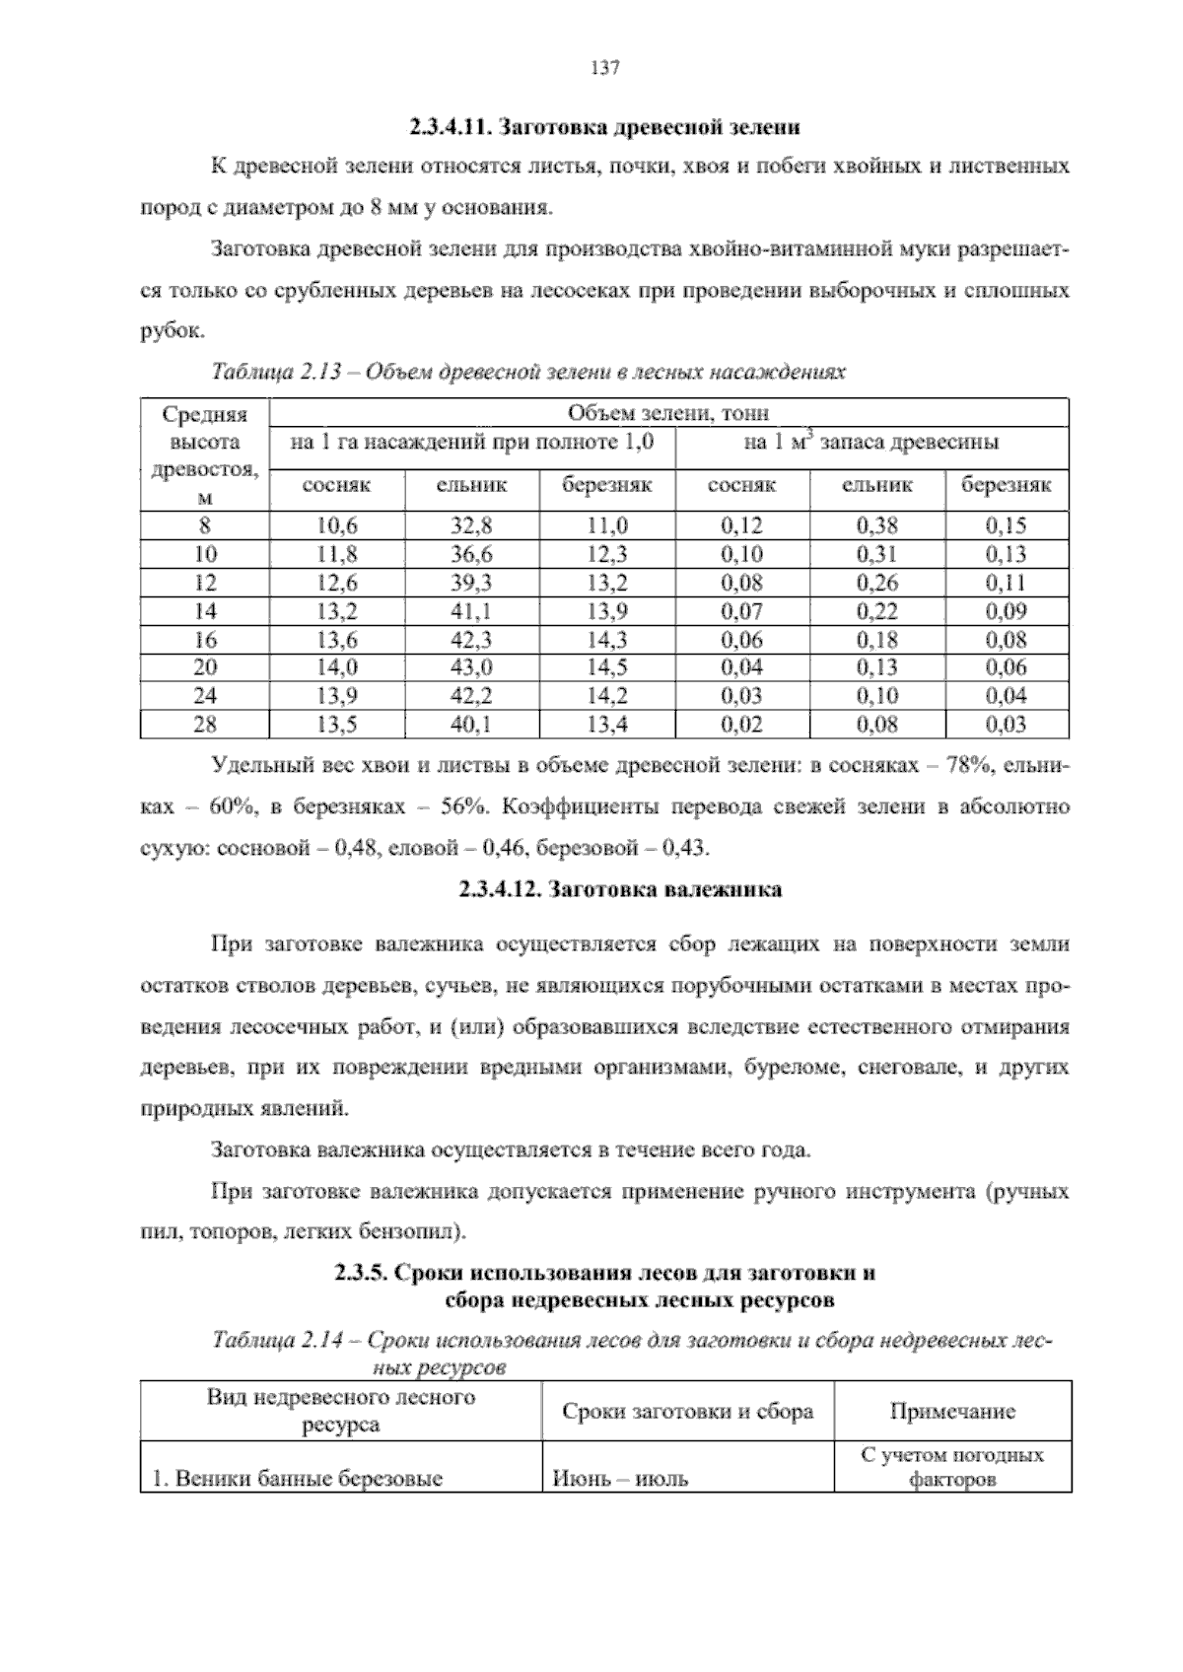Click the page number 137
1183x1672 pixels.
(x=603, y=68)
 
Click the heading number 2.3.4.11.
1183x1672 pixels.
(x=450, y=127)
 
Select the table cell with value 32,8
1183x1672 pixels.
(x=471, y=525)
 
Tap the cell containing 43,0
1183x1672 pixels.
(x=471, y=667)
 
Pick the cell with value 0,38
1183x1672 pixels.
(x=876, y=525)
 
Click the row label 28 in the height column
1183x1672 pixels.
(x=204, y=725)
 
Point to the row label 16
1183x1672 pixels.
(x=204, y=640)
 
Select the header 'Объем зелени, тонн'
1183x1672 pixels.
(x=668, y=413)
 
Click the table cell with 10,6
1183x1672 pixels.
(x=336, y=525)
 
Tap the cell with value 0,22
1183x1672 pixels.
(x=876, y=611)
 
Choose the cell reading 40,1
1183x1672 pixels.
(x=471, y=725)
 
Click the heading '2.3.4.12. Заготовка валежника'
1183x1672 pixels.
(x=620, y=890)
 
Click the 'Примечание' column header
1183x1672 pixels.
(x=951, y=1412)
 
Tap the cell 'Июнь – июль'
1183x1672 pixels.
(x=620, y=1479)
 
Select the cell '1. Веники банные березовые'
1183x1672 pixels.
(x=297, y=1479)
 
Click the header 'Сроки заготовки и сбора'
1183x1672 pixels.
(x=687, y=1412)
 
